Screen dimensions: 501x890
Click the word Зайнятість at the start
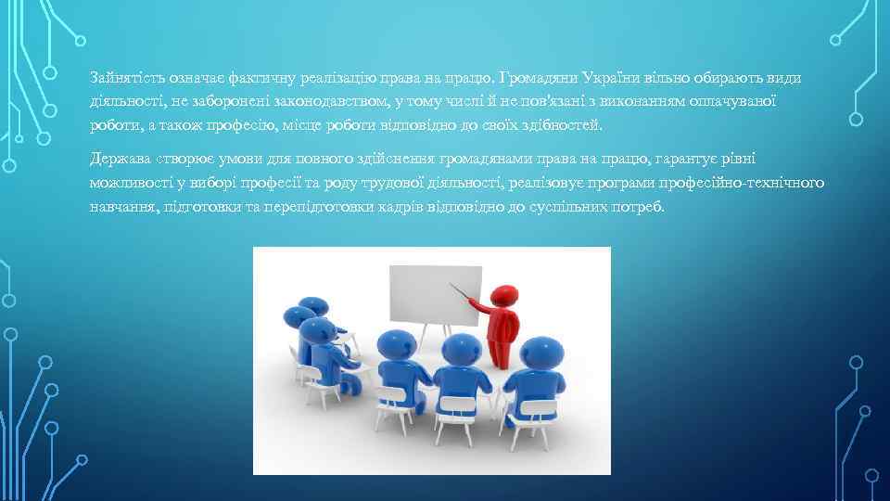pos(124,76)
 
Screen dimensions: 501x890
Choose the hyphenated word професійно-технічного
pos(744,183)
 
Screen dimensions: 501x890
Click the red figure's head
pos(502,295)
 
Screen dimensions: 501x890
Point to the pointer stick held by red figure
pos(462,294)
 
